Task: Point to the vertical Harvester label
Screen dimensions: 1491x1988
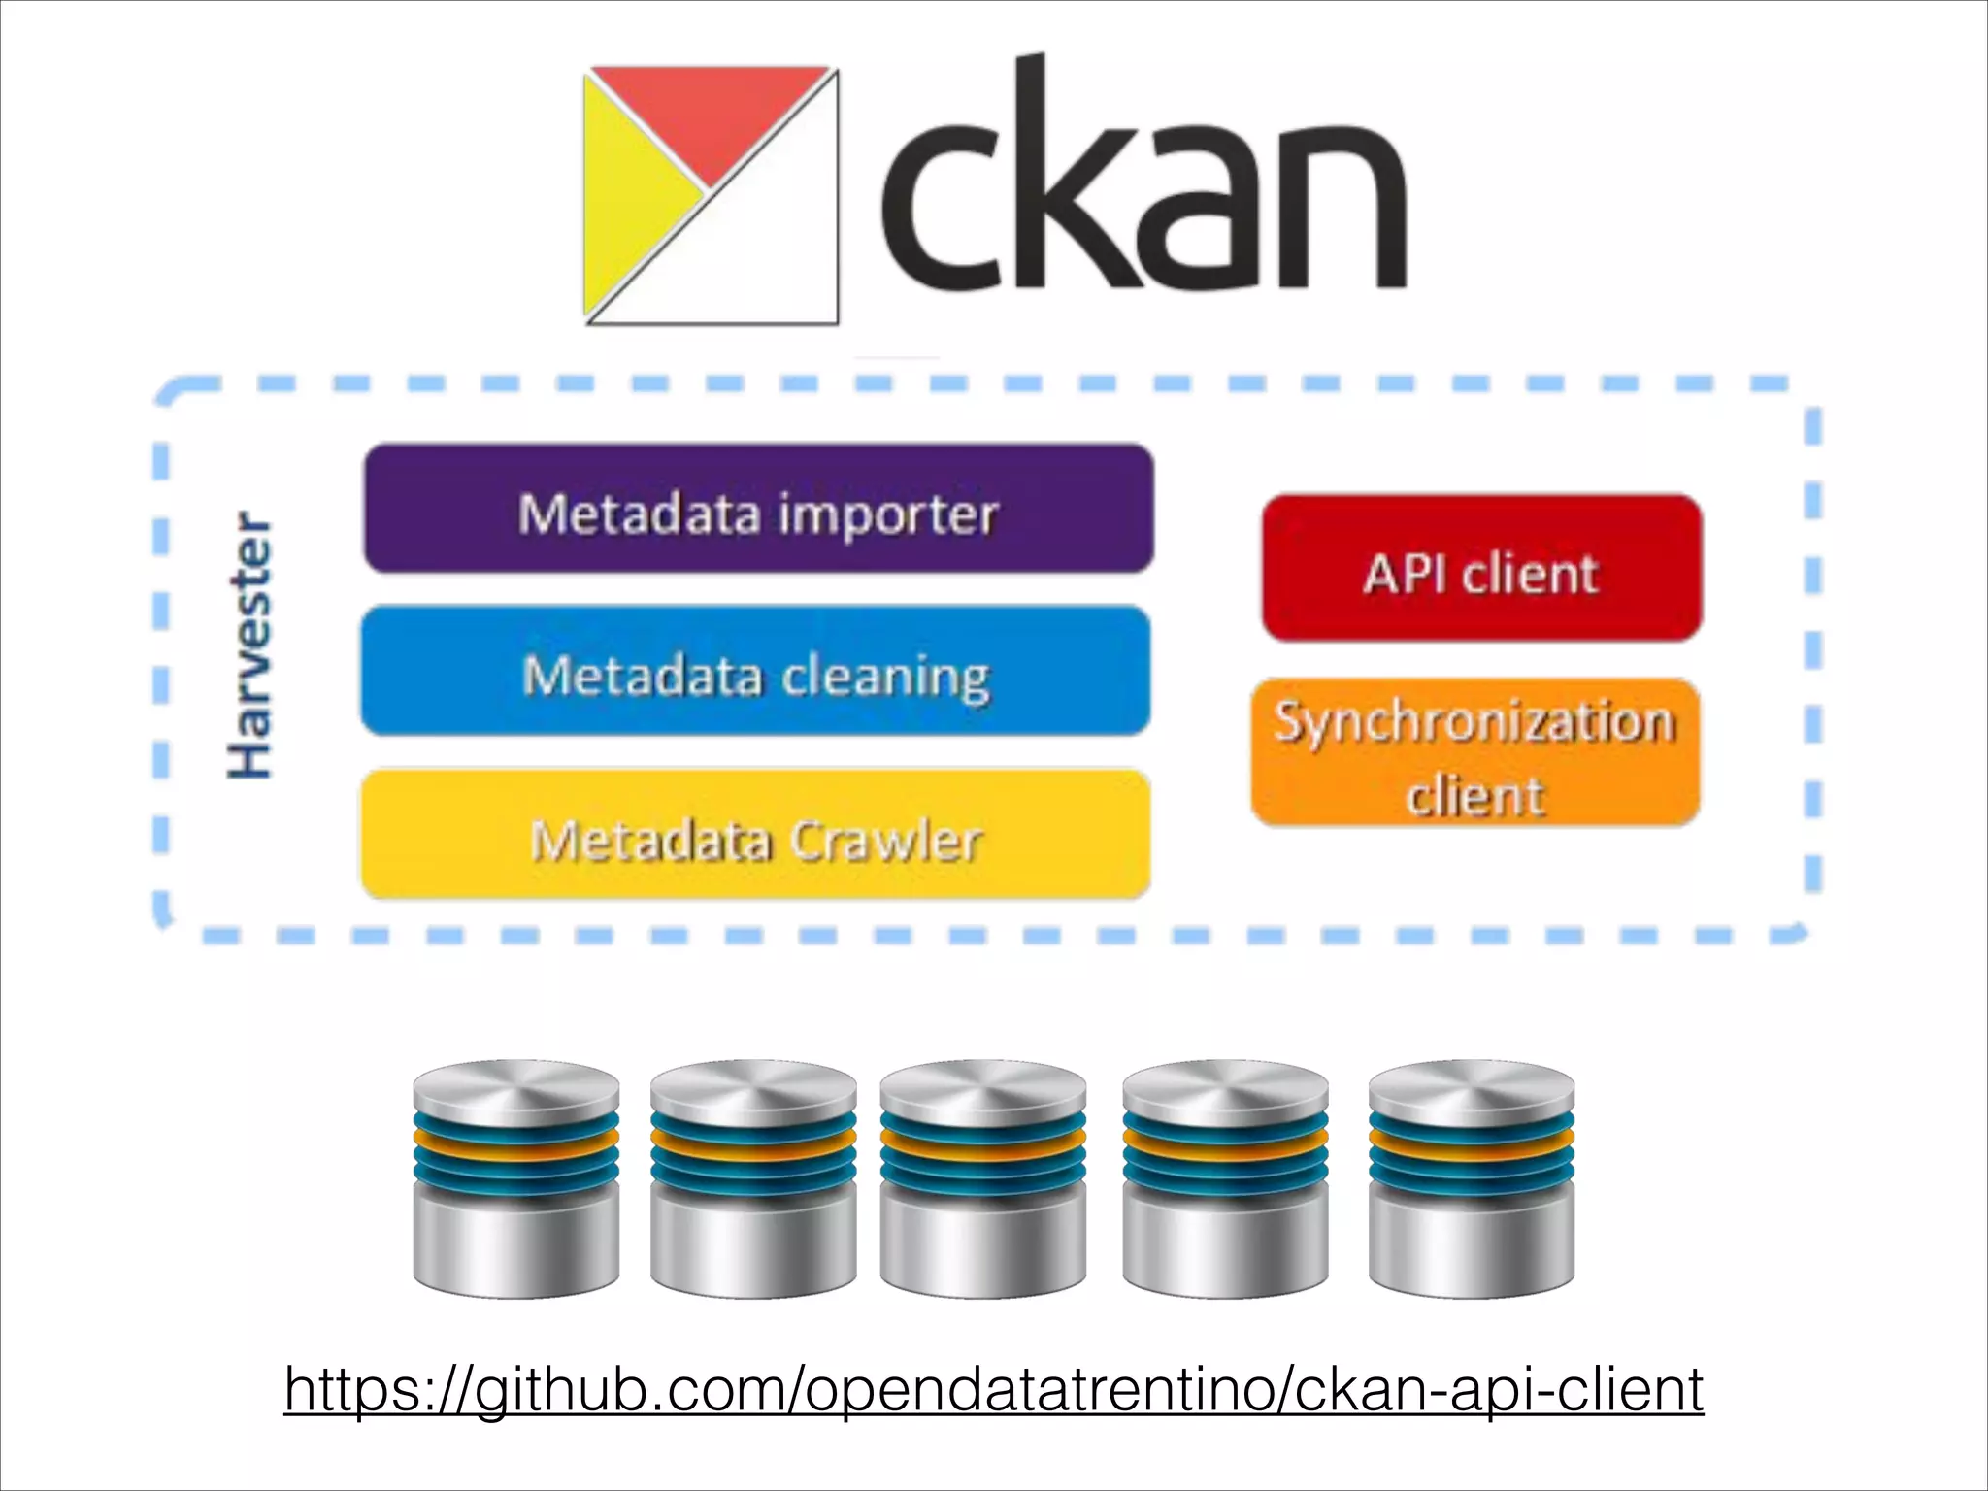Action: click(x=249, y=646)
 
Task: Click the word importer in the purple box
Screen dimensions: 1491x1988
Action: click(x=887, y=514)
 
